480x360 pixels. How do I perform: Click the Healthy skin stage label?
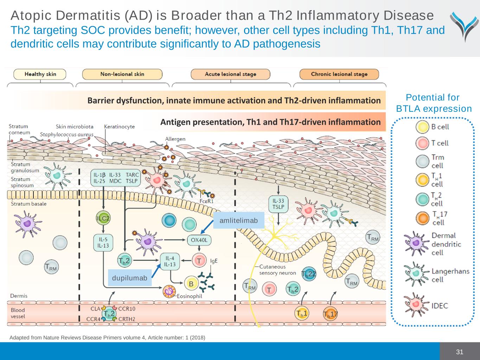click(x=40, y=74)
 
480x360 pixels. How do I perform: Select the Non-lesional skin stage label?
click(x=122, y=74)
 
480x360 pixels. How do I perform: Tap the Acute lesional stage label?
click(x=230, y=74)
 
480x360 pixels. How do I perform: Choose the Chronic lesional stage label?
click(x=339, y=74)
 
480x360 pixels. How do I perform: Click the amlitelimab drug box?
click(x=239, y=220)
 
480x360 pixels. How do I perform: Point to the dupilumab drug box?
click(x=130, y=278)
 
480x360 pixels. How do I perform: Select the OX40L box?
click(x=199, y=240)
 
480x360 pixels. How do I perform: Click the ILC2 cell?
click(x=103, y=218)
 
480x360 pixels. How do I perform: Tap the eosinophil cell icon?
click(x=169, y=291)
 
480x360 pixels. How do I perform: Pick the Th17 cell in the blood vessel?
click(x=330, y=314)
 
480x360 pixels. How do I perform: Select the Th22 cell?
click(x=308, y=274)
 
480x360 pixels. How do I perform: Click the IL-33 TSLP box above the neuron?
click(x=278, y=204)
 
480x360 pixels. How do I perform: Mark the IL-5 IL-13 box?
click(x=103, y=243)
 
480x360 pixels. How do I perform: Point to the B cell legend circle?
click(x=422, y=127)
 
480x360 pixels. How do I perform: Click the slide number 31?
click(x=460, y=352)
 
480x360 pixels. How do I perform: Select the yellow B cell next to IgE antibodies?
click(x=191, y=284)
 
